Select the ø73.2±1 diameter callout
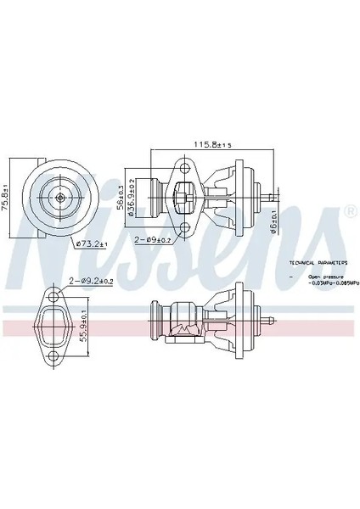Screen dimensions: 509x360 click(93, 244)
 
